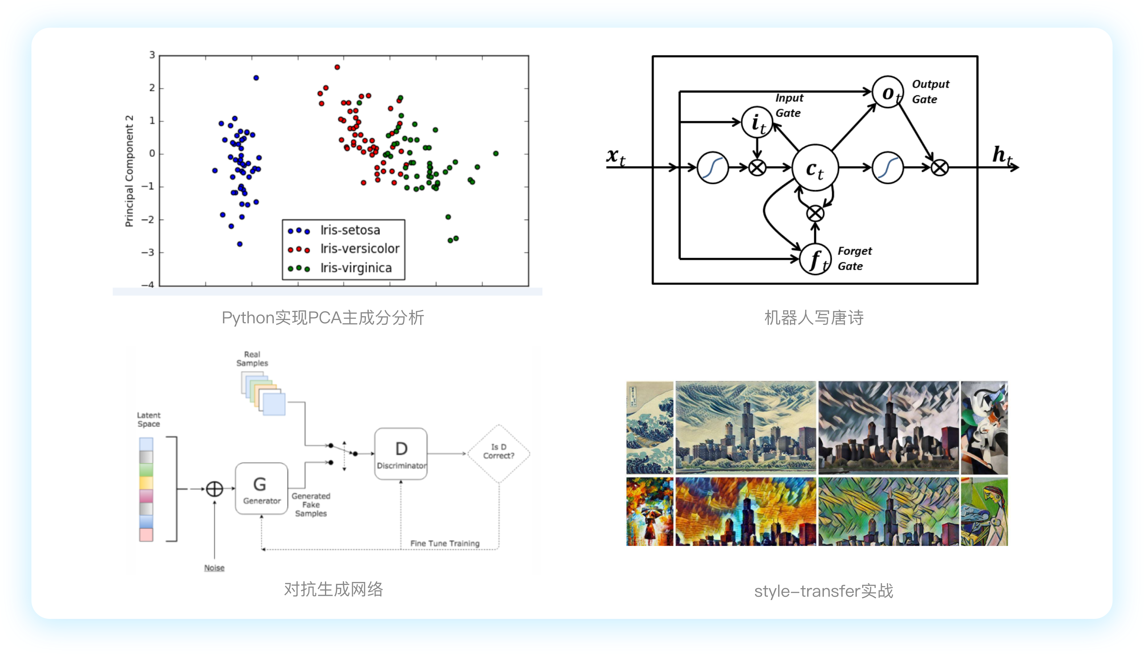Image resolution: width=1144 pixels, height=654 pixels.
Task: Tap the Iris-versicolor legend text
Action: (360, 249)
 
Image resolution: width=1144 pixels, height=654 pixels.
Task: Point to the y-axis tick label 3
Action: (152, 55)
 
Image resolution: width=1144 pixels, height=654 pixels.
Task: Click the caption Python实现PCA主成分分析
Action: (323, 317)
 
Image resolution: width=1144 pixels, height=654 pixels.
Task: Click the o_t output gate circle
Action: (887, 92)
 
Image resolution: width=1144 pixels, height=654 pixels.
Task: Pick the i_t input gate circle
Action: (757, 122)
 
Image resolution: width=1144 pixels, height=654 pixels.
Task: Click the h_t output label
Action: (1002, 155)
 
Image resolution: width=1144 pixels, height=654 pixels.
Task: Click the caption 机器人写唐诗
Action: (814, 317)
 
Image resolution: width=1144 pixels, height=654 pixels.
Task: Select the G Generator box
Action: (262, 489)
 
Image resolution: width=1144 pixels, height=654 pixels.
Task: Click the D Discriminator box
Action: (401, 454)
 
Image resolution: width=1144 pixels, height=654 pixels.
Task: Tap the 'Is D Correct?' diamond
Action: (499, 454)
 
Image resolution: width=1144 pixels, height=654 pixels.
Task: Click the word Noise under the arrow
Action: (214, 568)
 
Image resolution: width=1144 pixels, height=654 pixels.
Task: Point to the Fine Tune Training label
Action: (445, 543)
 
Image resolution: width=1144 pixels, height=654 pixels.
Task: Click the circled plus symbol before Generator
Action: (214, 489)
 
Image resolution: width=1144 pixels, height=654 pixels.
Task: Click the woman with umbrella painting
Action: (650, 512)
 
